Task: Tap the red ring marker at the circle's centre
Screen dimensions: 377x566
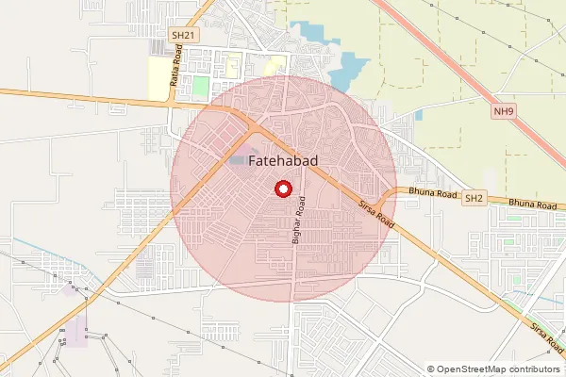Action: [282, 188]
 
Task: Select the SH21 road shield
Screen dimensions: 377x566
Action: [182, 35]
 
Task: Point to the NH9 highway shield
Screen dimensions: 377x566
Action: [505, 111]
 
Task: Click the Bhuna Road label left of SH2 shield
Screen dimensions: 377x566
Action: [434, 195]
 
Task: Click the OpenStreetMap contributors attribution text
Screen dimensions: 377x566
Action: [499, 369]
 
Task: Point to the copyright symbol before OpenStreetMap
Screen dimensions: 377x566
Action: [431, 369]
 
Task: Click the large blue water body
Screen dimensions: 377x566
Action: [350, 67]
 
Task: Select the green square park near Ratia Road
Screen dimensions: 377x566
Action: [200, 88]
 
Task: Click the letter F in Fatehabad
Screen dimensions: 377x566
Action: [254, 162]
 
